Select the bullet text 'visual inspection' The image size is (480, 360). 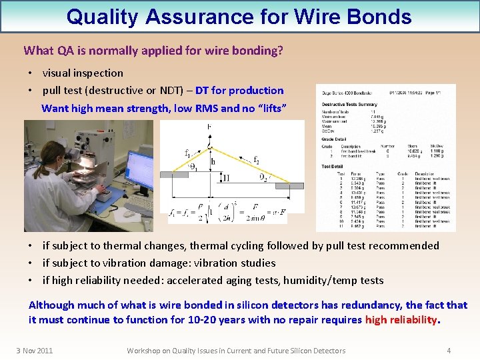[83, 73]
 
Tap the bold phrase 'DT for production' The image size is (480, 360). [239, 91]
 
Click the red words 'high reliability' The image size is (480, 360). [402, 320]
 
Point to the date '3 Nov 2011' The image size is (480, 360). [35, 351]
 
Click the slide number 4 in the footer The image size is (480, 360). [449, 351]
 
